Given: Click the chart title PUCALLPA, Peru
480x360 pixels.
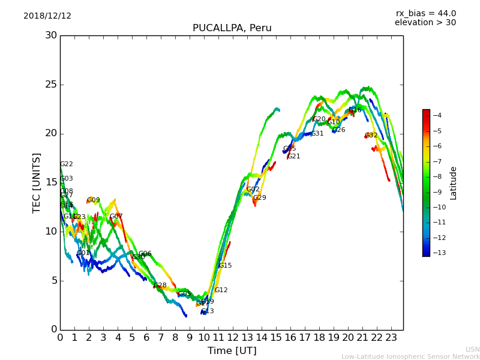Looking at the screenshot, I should tap(232, 28).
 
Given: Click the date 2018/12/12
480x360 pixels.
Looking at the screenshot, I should tap(47, 16).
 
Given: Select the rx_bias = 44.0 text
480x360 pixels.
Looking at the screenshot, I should tap(425, 14).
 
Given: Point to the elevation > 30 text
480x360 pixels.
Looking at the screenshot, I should tap(425, 23).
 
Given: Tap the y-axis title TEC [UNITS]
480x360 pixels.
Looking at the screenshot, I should tap(37, 182).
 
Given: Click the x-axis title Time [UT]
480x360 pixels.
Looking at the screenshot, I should tap(232, 350).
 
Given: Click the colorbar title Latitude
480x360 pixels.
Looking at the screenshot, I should tap(454, 183).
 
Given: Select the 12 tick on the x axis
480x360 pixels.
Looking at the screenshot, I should tap(233, 338).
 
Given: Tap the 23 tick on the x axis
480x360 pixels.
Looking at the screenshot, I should tap(391, 338).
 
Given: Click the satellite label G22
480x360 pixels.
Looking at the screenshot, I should tap(66, 164).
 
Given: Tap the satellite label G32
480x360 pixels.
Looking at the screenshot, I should tap(371, 136).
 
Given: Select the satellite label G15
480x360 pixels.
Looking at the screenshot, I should tap(225, 266).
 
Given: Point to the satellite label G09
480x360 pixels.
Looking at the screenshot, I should tap(94, 200).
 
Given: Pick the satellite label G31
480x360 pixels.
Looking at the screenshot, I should tap(317, 134).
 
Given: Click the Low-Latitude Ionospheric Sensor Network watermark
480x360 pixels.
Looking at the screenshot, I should tap(410, 357).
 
